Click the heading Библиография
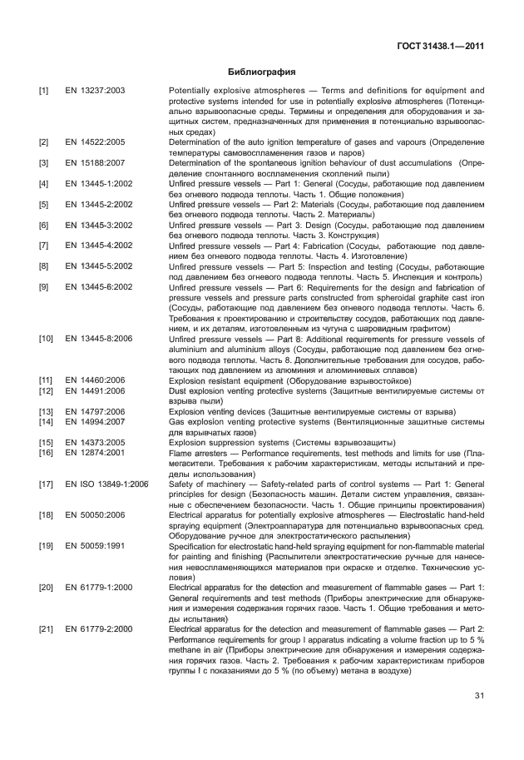click(x=261, y=72)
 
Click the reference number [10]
click(x=47, y=339)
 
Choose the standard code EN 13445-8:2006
click(x=98, y=339)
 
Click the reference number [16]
click(x=47, y=452)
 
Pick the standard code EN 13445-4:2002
click(x=98, y=246)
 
